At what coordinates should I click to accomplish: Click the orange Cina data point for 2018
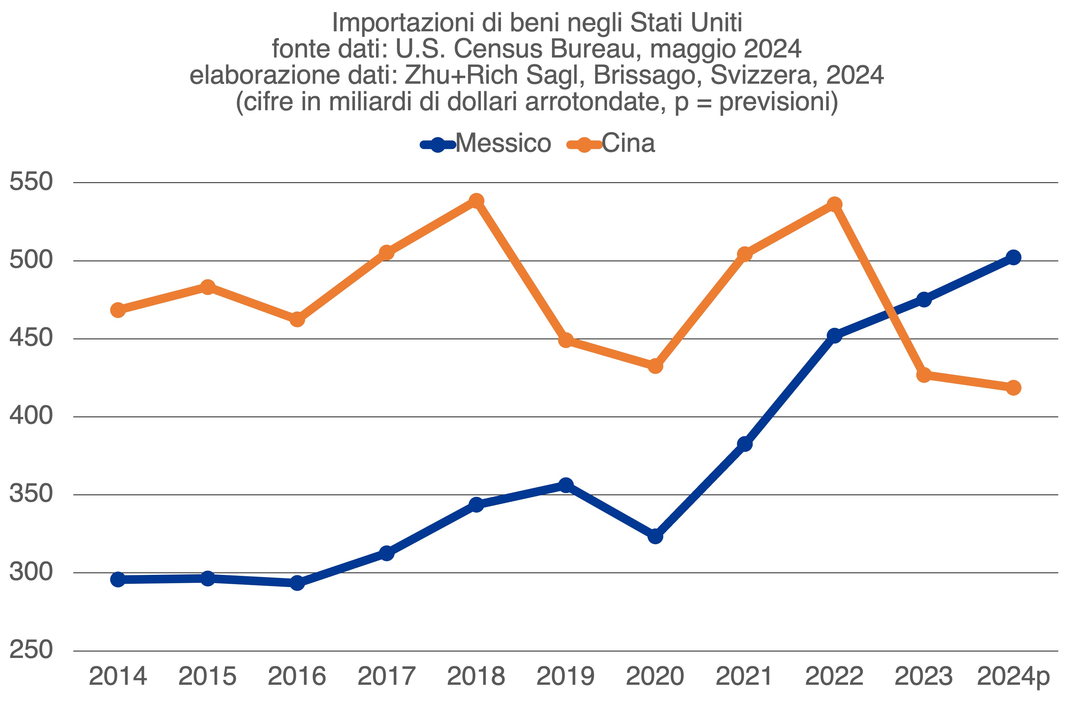pos(476,201)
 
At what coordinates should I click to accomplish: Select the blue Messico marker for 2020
pos(655,536)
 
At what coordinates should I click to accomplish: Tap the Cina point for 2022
pos(834,204)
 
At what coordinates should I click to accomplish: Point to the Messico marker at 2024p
pos(1013,257)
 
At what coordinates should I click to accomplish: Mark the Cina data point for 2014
pos(118,310)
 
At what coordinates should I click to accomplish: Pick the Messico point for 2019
pos(565,485)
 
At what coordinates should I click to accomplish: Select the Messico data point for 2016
pos(297,583)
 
